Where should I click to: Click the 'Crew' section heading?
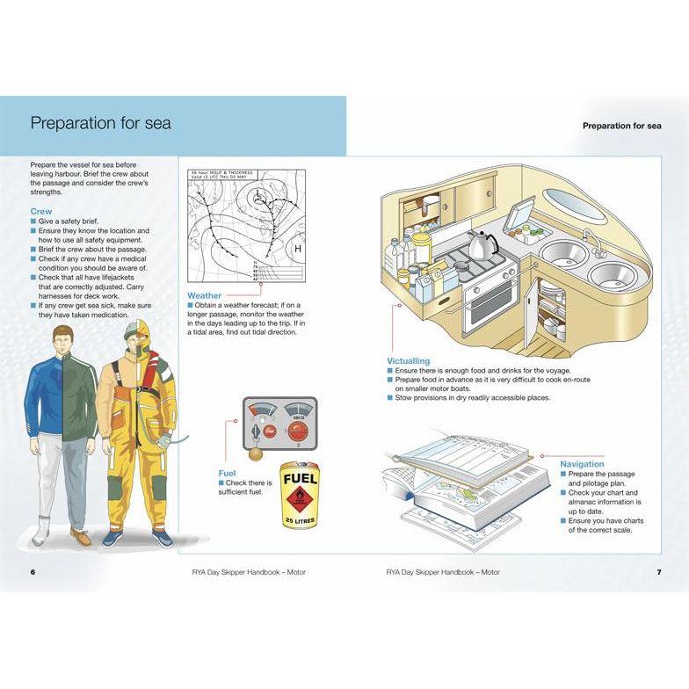point(41,212)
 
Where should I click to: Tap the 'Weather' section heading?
point(205,296)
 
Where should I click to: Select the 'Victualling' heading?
point(409,361)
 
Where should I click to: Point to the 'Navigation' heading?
point(582,464)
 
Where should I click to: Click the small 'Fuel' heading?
point(227,473)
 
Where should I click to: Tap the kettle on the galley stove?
point(482,245)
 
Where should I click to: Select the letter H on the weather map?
point(297,249)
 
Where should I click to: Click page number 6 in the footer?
point(33,573)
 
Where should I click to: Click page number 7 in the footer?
point(658,573)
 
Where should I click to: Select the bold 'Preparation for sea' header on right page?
point(621,126)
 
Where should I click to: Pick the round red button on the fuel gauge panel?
point(298,433)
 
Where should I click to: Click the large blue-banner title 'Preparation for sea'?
point(101,122)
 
